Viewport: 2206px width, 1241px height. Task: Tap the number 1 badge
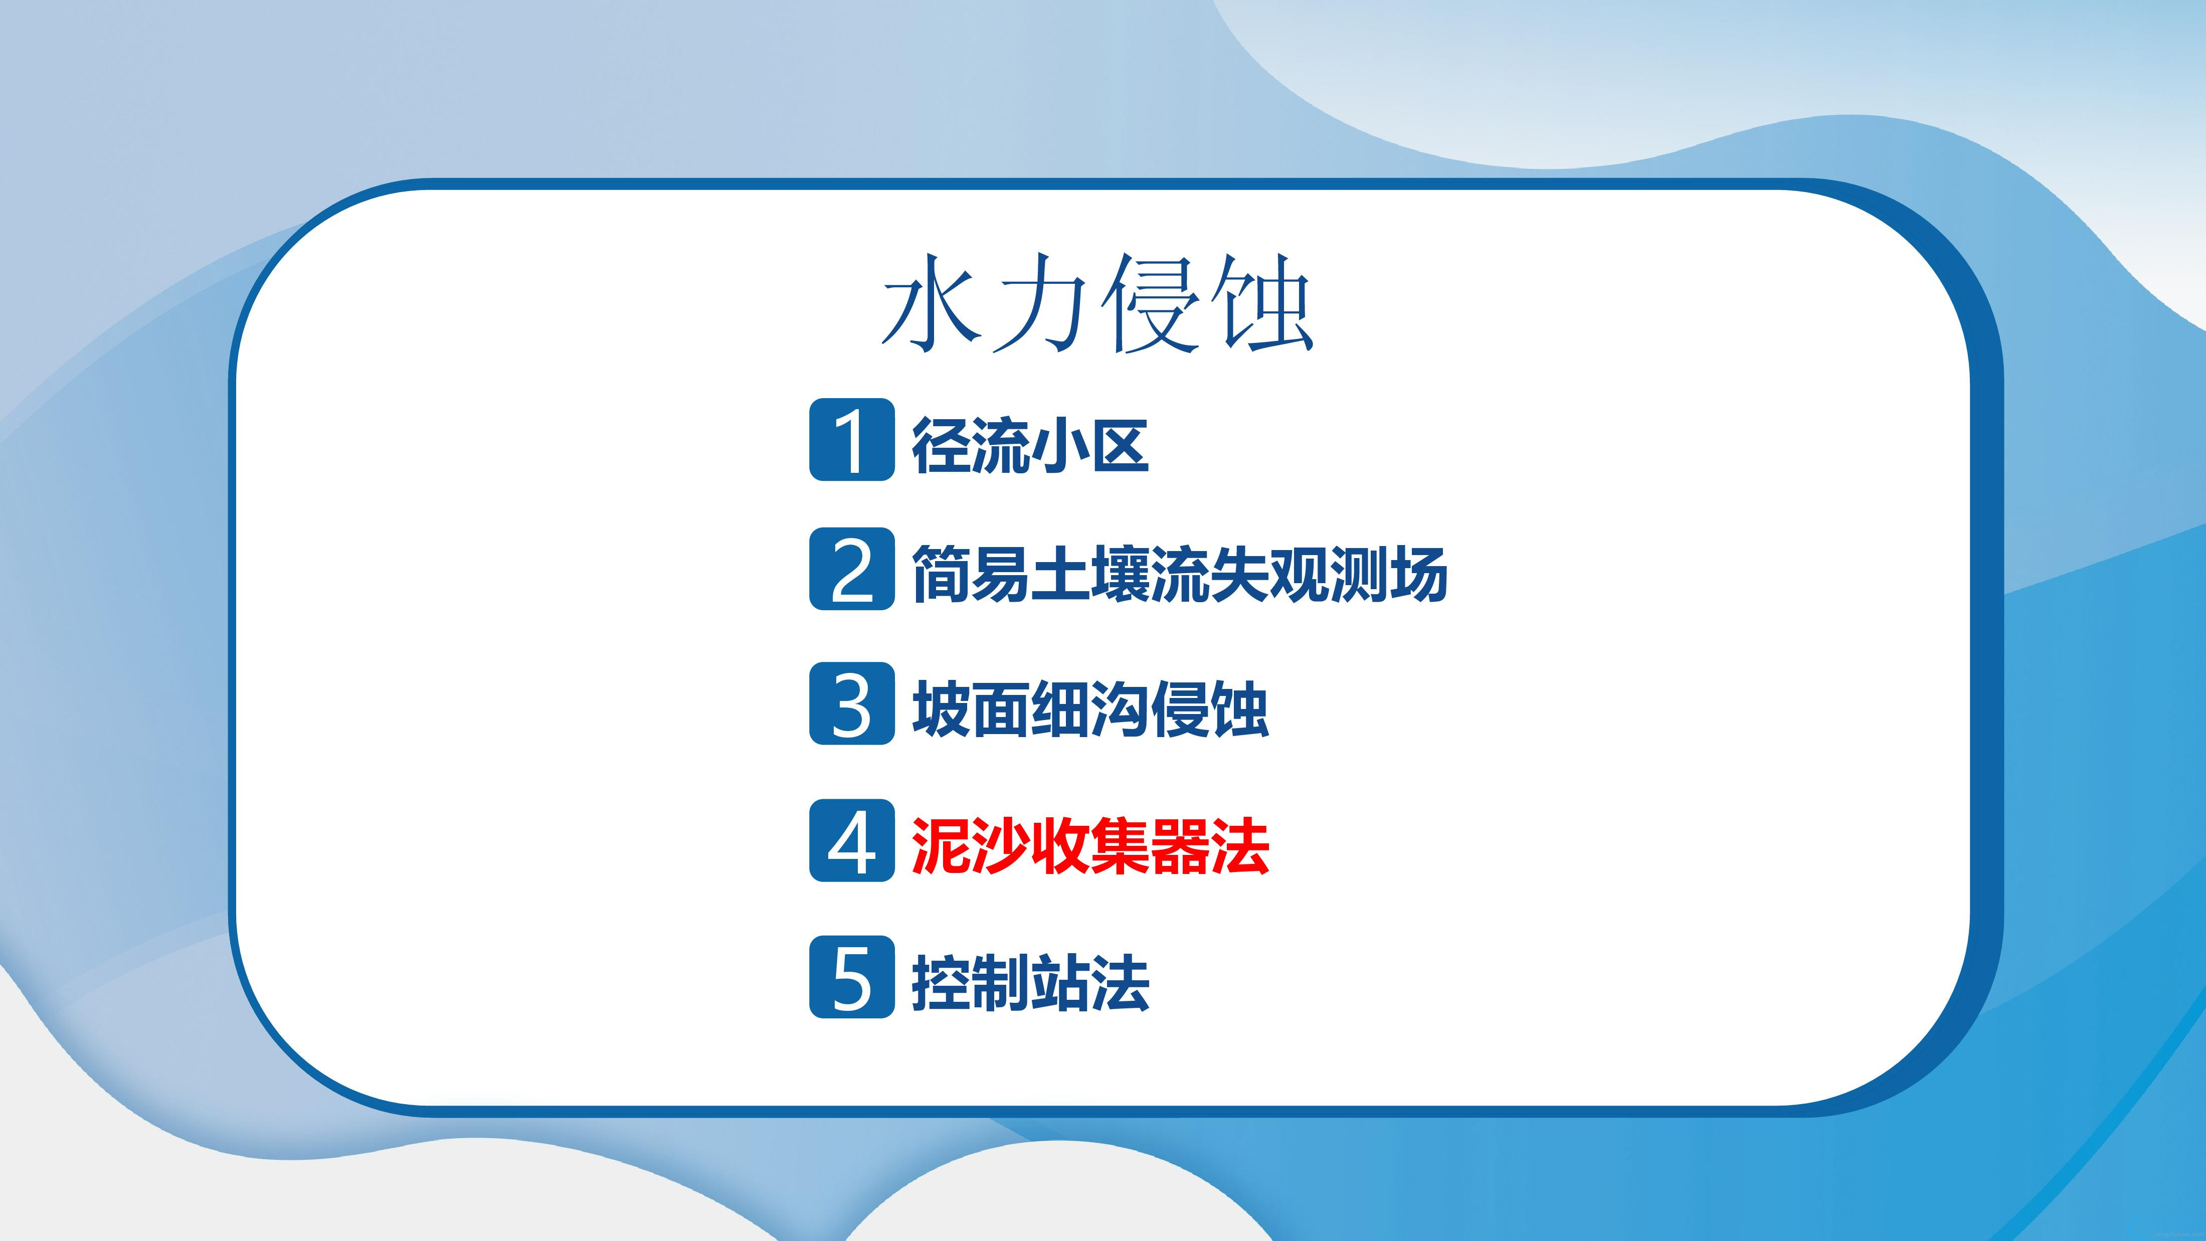pyautogui.click(x=852, y=439)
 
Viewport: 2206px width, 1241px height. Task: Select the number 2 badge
pyautogui.click(x=852, y=569)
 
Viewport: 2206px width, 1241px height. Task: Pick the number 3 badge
pyautogui.click(x=852, y=703)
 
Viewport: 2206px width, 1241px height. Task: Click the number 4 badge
pyautogui.click(x=852, y=840)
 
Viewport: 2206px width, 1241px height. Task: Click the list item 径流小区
pyautogui.click(x=1030, y=444)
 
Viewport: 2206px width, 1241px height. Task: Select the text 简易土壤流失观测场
pyautogui.click(x=1180, y=574)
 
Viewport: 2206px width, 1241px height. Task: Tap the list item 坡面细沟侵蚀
pyautogui.click(x=1090, y=709)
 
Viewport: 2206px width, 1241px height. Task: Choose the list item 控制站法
pyautogui.click(x=1030, y=982)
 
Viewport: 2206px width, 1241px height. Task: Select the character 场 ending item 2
pyautogui.click(x=1419, y=574)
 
